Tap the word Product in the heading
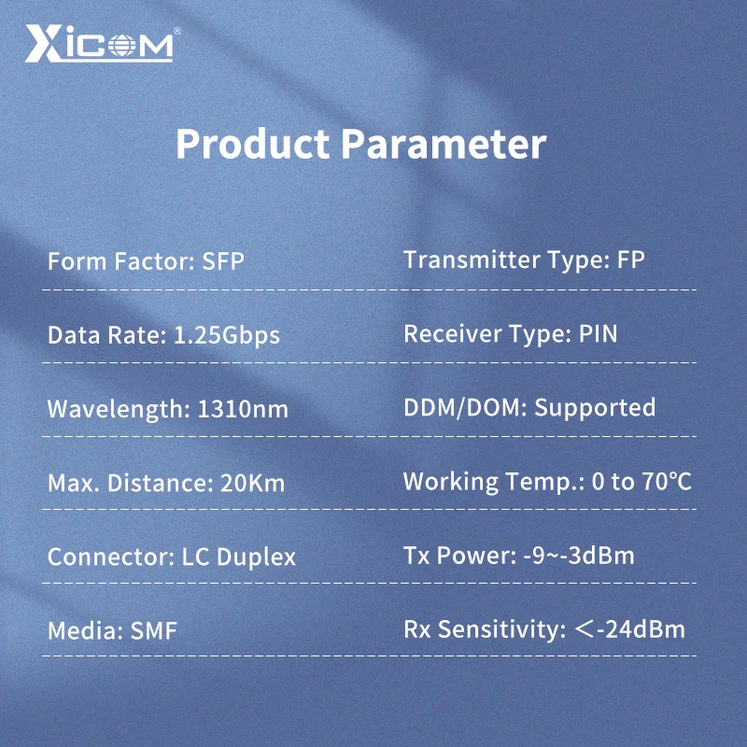coord(252,145)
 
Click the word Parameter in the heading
coord(444,145)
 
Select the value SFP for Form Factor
coord(223,261)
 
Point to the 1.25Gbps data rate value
coord(226,335)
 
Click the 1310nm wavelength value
coord(243,409)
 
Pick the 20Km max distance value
coord(252,483)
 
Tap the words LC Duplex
coord(239,557)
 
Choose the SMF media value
coord(153,631)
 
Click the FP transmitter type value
coord(631,261)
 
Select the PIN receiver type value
coord(598,334)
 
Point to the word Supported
coord(595,408)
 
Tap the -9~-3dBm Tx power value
coord(579,556)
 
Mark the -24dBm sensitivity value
coord(641,629)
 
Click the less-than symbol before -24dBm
coord(585,629)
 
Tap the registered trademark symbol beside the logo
coord(176,31)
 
